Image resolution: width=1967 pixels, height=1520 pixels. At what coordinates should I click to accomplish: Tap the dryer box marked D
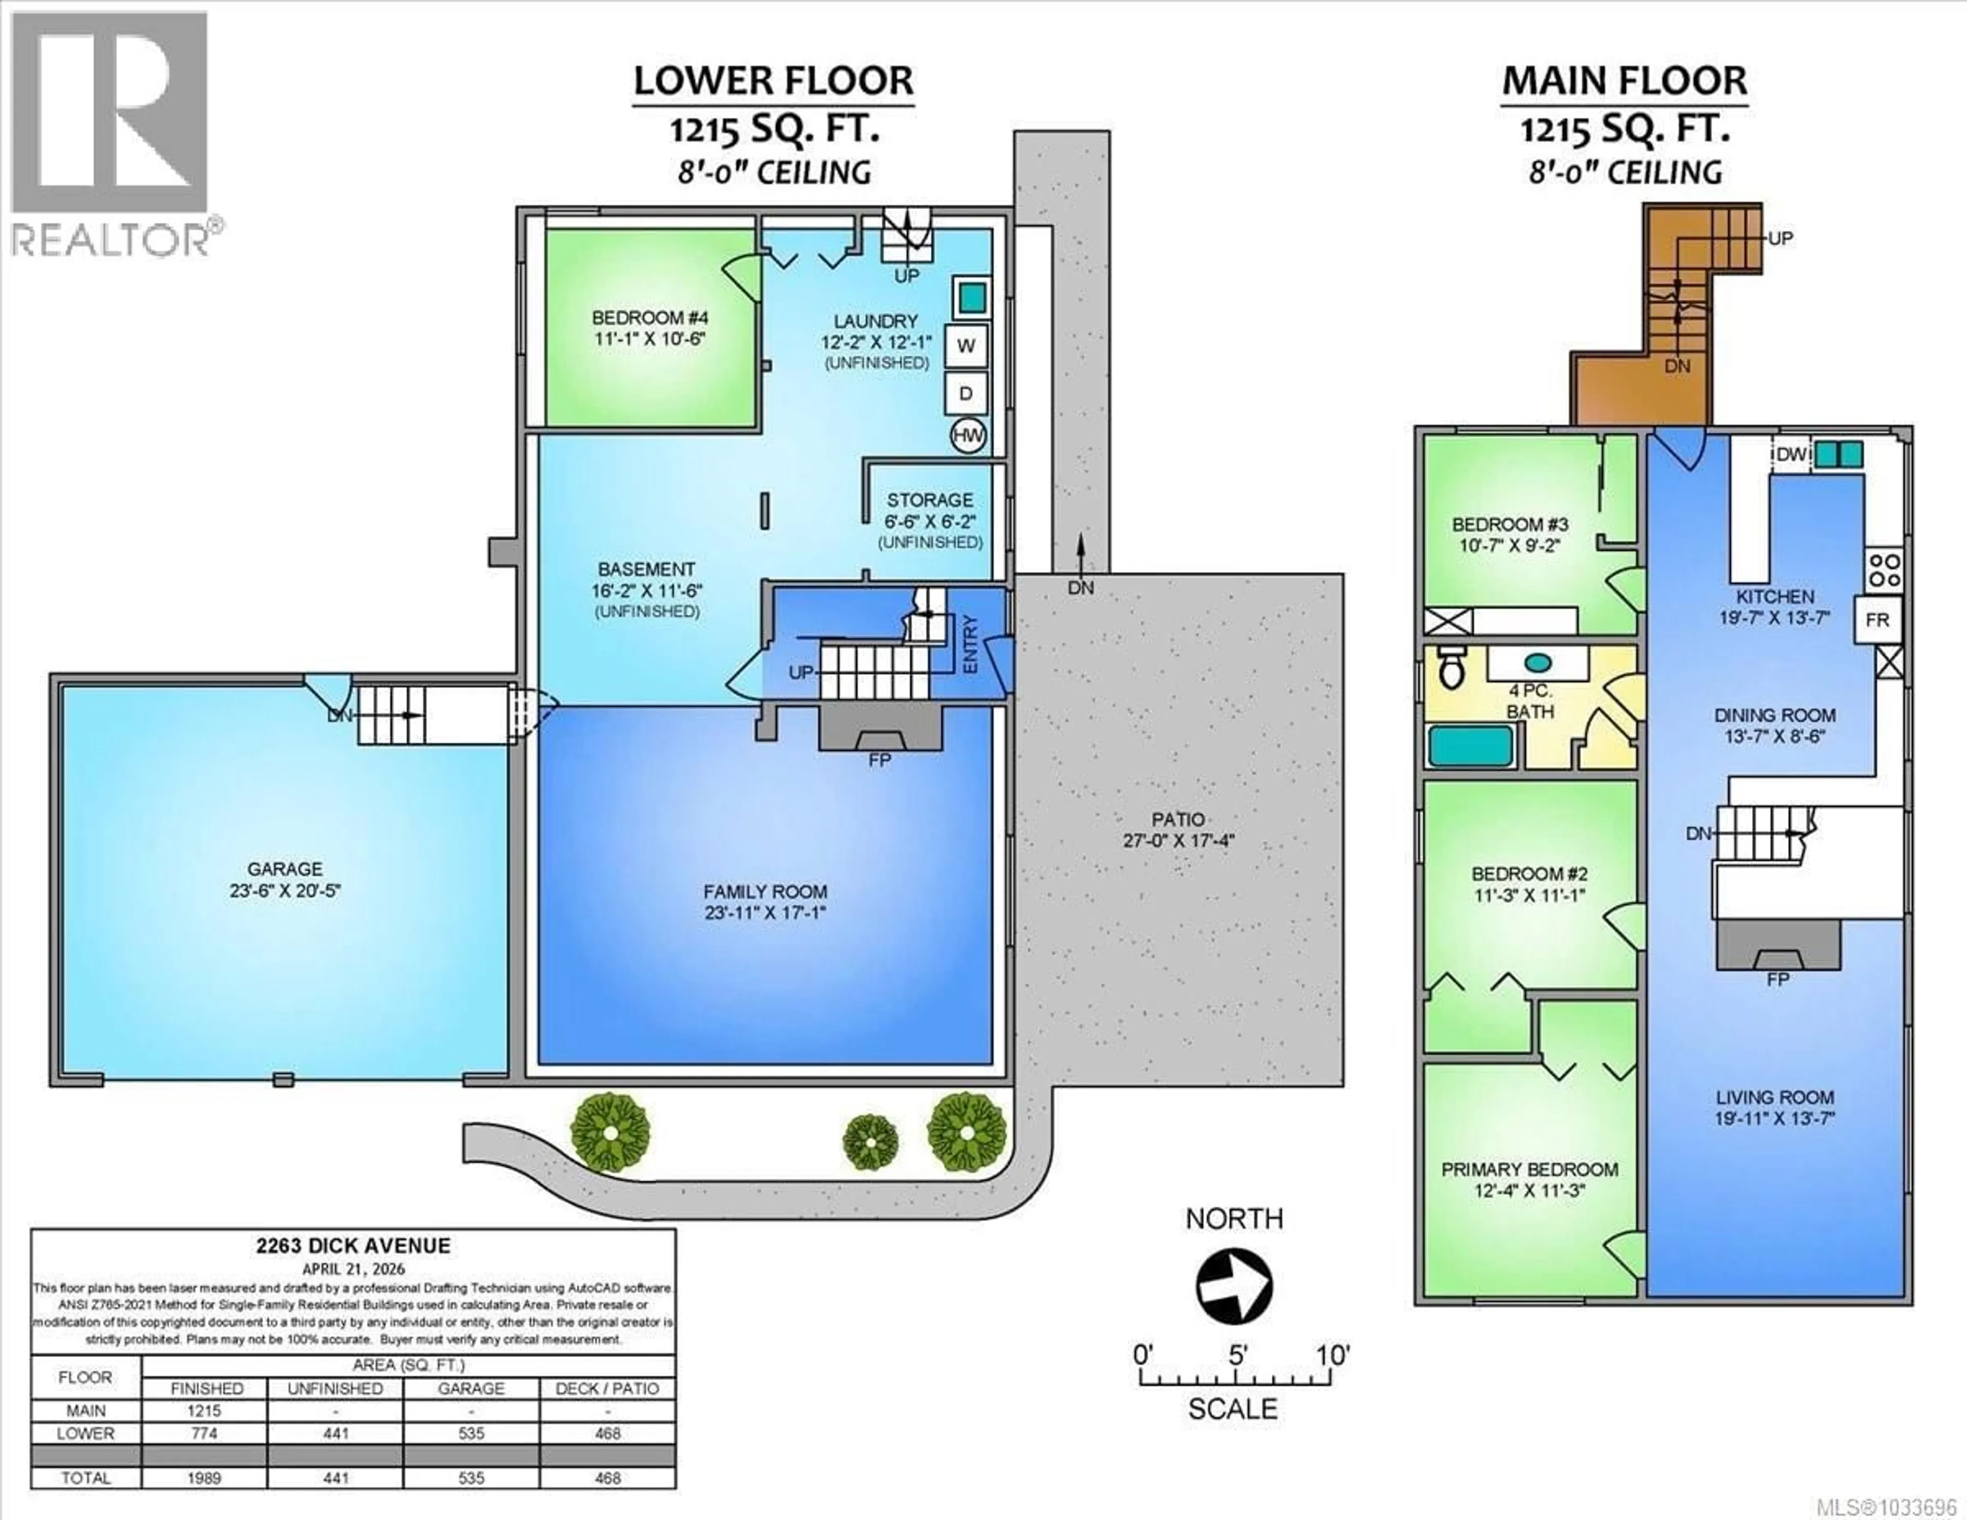click(x=966, y=394)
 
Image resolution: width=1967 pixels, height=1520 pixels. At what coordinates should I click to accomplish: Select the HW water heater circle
click(x=968, y=436)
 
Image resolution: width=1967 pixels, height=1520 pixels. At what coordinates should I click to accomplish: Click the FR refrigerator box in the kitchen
click(x=1877, y=620)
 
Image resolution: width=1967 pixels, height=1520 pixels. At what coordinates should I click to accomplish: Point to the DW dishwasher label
click(x=1790, y=454)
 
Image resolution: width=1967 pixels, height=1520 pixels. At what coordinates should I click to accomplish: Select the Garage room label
click(x=285, y=869)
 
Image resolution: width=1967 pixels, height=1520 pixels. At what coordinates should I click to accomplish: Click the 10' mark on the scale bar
click(x=1331, y=1354)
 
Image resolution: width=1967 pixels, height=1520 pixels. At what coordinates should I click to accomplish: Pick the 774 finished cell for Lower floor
click(x=204, y=1432)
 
